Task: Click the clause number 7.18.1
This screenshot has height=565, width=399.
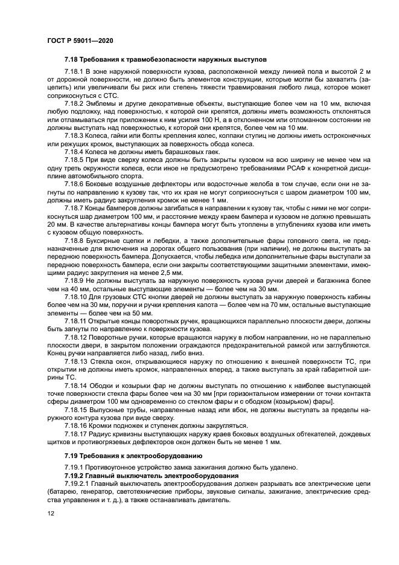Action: tap(74, 72)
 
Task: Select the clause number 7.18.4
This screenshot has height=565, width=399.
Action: tap(74, 152)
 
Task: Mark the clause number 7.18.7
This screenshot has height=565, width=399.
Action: tap(74, 207)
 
